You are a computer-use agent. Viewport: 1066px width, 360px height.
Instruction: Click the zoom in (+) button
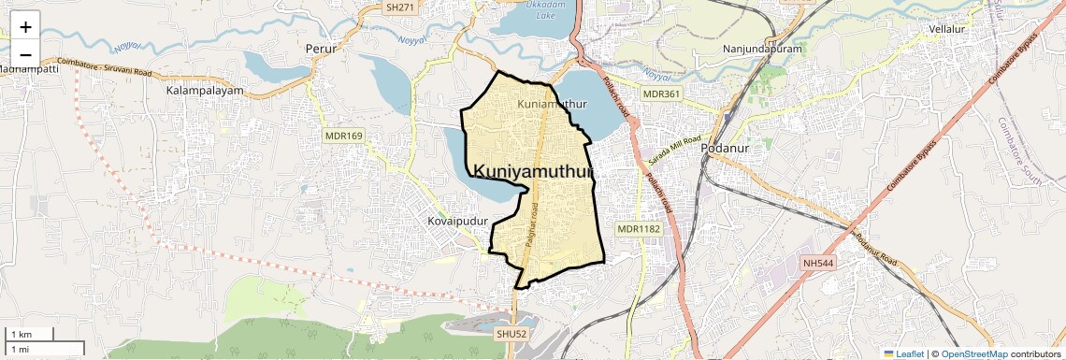(25, 27)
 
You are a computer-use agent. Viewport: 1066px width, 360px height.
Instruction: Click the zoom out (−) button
(25, 52)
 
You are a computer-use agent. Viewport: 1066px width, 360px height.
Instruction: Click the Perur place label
(321, 47)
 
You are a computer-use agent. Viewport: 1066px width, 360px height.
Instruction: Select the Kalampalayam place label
(205, 92)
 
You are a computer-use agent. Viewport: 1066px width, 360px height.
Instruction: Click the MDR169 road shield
(343, 136)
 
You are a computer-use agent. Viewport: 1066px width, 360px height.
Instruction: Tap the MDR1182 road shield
(638, 229)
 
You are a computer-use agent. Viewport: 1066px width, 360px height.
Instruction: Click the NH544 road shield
(817, 264)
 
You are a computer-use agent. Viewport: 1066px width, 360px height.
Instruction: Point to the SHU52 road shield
(512, 333)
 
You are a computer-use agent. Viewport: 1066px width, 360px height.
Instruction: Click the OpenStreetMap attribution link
(973, 353)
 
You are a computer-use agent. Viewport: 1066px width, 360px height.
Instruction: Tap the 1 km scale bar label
(21, 335)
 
